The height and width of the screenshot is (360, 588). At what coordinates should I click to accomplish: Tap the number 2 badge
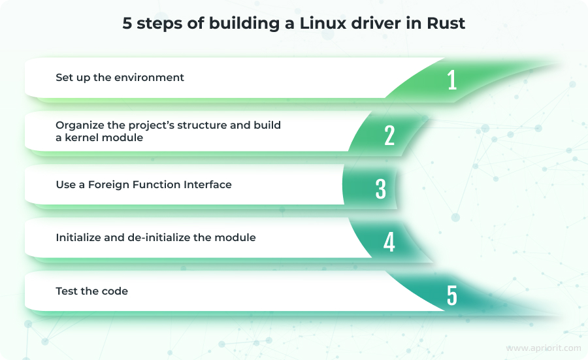[x=389, y=135]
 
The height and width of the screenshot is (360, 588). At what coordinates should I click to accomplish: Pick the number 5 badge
[x=452, y=295]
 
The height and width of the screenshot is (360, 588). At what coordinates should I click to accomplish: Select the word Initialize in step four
[x=78, y=238]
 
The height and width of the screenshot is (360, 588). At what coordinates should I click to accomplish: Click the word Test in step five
[x=67, y=291]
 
